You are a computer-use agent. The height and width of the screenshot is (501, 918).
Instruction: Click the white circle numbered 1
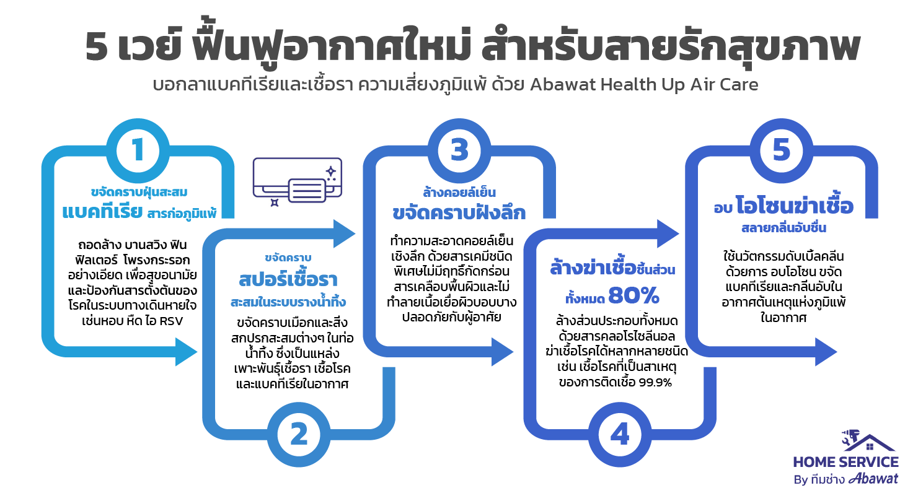click(138, 150)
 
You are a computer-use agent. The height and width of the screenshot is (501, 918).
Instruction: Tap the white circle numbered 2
click(299, 435)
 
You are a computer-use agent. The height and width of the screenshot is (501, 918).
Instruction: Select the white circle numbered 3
click(459, 150)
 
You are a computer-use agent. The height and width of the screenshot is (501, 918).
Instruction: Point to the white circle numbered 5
click(781, 150)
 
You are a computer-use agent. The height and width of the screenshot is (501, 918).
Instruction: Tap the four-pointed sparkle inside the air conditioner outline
click(331, 170)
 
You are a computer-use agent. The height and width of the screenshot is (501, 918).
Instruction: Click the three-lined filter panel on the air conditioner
click(307, 190)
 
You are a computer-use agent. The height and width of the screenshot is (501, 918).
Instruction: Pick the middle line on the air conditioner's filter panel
click(307, 190)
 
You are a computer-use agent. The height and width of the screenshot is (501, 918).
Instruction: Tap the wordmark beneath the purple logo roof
click(847, 474)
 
